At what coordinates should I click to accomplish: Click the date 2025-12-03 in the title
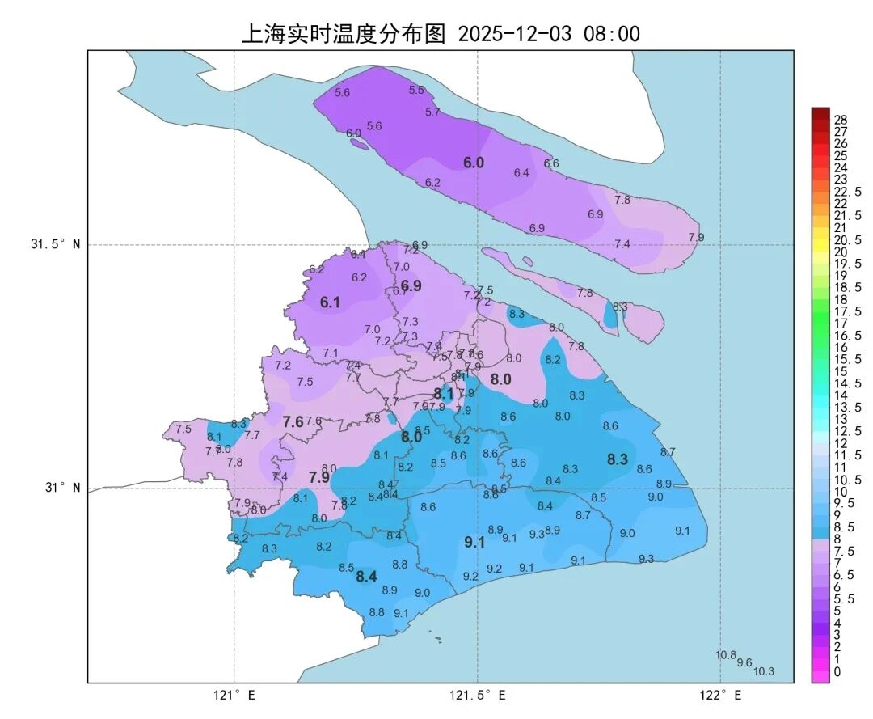click(x=514, y=34)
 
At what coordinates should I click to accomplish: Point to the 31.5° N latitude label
click(x=56, y=245)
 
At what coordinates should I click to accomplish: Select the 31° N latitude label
click(x=61, y=488)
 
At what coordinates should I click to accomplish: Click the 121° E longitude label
click(x=234, y=695)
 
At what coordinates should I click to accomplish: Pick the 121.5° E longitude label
click(x=478, y=695)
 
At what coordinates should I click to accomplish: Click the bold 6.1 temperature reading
click(x=330, y=302)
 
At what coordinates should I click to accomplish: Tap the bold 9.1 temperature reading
click(x=474, y=543)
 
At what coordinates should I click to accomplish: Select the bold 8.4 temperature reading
click(x=366, y=577)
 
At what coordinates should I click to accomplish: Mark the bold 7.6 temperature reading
click(x=293, y=421)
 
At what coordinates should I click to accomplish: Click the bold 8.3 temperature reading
click(x=618, y=459)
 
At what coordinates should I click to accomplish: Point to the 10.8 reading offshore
click(x=726, y=655)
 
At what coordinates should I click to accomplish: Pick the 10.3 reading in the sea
click(x=764, y=671)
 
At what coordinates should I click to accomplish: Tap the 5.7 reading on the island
click(x=432, y=112)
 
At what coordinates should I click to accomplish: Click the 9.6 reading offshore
click(x=744, y=662)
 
